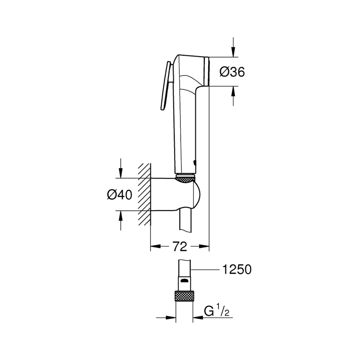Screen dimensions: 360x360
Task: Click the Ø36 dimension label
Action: (x=232, y=72)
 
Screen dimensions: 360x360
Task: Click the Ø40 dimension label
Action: (x=120, y=195)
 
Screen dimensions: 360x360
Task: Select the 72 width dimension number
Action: (x=180, y=247)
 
